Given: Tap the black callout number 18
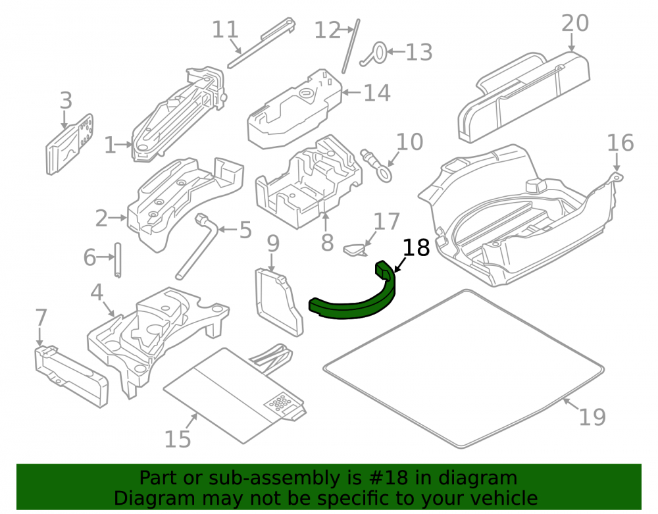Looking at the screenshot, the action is (417, 247).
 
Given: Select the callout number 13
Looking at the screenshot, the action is (418, 53).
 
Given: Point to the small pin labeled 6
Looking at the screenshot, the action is (118, 260).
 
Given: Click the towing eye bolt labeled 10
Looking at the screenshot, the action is (378, 165).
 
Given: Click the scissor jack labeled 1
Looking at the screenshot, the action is (178, 115).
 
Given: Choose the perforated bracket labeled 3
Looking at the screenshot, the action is (69, 144).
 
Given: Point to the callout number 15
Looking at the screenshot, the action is (178, 439).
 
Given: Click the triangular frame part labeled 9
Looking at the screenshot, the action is (278, 302).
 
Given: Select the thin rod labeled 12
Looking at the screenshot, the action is (351, 46).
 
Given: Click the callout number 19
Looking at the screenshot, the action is (592, 417).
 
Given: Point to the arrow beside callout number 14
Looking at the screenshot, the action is (351, 92).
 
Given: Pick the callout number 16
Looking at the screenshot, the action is (620, 143).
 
